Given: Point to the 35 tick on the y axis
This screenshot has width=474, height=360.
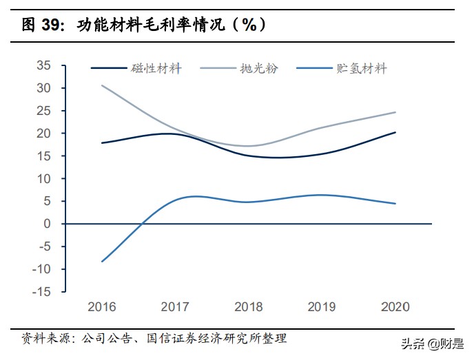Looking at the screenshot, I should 45,65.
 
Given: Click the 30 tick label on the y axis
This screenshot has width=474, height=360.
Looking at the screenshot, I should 45,88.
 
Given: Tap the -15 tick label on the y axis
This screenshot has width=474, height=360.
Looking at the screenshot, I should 42,291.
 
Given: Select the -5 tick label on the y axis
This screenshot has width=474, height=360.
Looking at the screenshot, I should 45,246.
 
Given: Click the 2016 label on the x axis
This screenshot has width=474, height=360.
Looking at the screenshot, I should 101,306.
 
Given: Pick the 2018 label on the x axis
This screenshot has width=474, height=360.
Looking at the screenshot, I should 248,306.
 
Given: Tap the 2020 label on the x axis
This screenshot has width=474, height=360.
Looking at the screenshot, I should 395,306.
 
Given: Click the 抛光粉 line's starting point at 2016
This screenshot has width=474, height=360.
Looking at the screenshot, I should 102,85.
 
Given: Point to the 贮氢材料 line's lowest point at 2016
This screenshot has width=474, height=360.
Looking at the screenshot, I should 102,262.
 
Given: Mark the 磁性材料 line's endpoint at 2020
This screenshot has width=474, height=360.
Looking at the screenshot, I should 395,132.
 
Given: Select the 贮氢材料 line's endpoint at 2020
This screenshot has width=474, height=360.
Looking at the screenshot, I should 395,204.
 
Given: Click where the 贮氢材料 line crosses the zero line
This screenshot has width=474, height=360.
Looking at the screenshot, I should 142,224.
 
